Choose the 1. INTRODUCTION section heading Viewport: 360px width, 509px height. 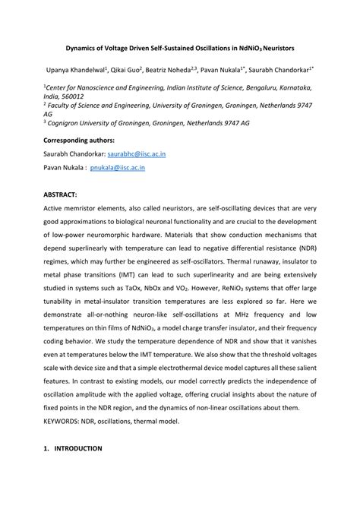73,449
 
